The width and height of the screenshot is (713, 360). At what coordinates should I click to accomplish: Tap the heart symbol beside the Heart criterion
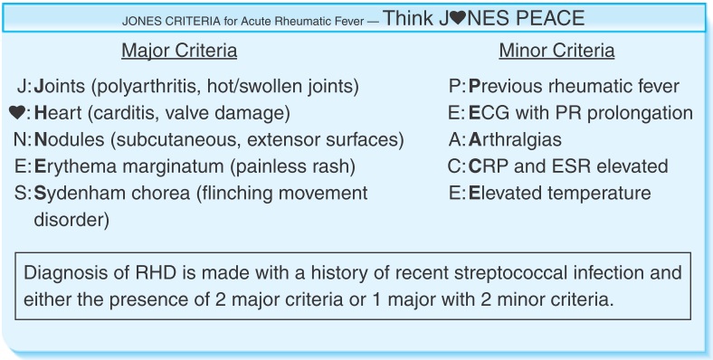[x=16, y=113]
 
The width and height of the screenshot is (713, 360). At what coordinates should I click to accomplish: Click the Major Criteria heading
[x=179, y=51]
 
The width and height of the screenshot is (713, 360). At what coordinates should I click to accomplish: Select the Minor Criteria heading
[x=556, y=51]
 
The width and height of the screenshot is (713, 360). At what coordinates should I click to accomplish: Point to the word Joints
[x=60, y=87]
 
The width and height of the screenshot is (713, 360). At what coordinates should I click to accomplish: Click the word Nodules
[x=67, y=140]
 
